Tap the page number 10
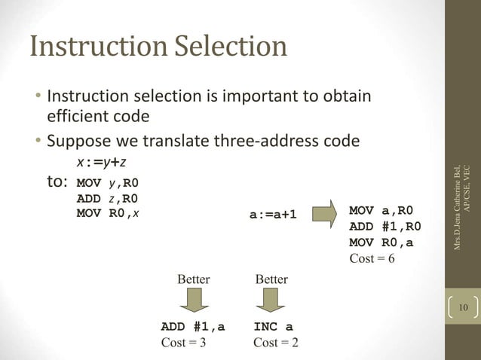461,307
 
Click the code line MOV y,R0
112,183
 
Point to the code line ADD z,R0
112,198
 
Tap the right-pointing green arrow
323,213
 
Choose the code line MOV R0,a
381,243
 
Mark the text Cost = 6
372,259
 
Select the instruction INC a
273,328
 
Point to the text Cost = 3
185,343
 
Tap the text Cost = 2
275,343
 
